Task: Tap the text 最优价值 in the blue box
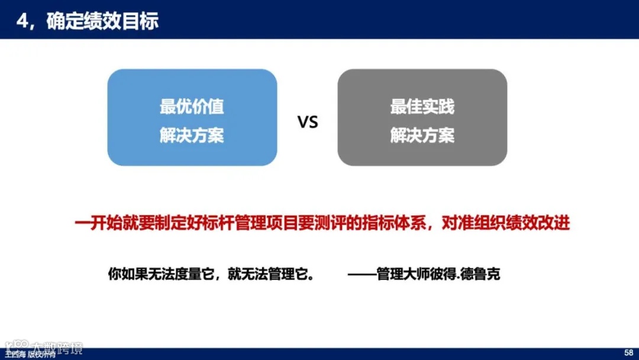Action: coord(192,107)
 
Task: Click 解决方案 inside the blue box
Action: coord(192,136)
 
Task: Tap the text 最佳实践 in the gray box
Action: coord(422,107)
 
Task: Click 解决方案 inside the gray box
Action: coord(422,136)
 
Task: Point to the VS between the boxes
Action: coord(307,123)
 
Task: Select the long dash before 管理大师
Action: coord(362,275)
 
